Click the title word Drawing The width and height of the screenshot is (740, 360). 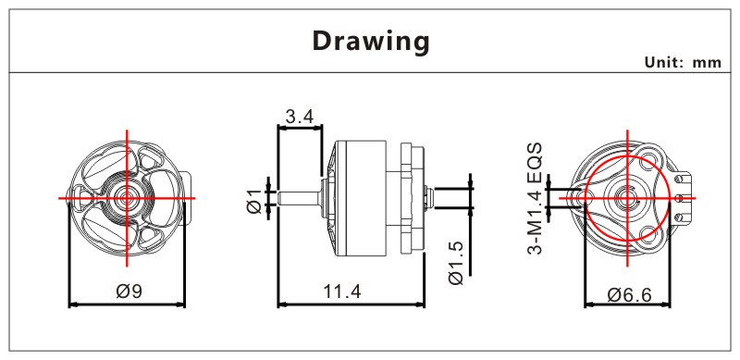pyautogui.click(x=371, y=42)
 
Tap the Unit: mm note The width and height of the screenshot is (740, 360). pyautogui.click(x=683, y=62)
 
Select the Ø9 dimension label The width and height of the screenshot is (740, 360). pyautogui.click(x=129, y=291)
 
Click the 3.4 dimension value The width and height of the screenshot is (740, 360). pyautogui.click(x=299, y=117)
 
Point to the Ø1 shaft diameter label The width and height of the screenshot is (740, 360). pyautogui.click(x=253, y=200)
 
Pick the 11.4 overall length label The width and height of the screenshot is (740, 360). pyautogui.click(x=342, y=292)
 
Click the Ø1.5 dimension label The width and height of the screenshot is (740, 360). pyautogui.click(x=456, y=263)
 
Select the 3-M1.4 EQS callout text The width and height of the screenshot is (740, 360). pyautogui.click(x=535, y=198)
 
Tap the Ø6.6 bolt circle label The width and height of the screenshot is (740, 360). pyautogui.click(x=630, y=295)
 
